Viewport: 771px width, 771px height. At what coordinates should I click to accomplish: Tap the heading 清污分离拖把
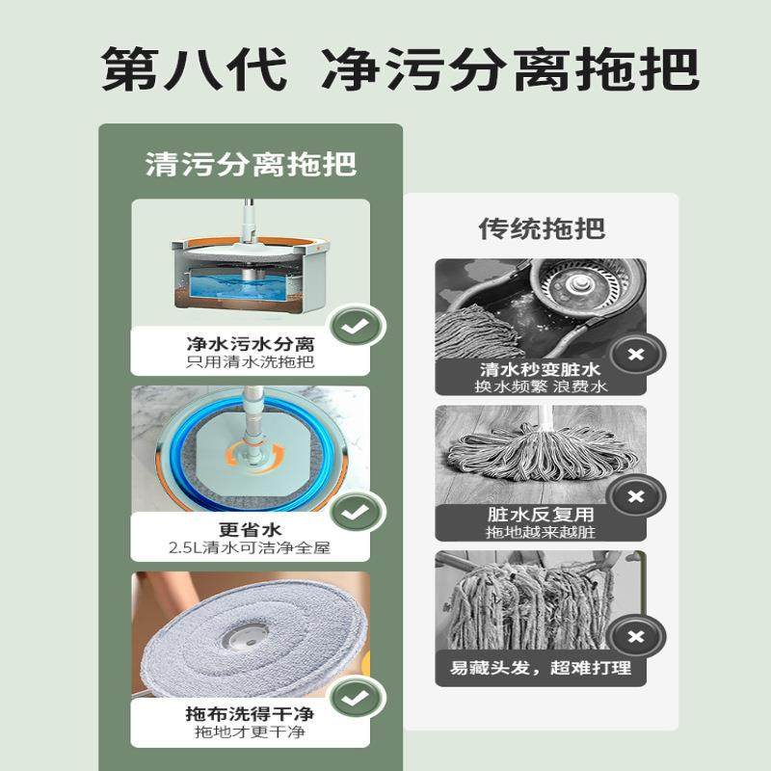tap(251, 163)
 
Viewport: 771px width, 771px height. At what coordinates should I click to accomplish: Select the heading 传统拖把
tap(542, 228)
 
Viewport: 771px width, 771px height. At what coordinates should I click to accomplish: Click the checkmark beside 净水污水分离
tap(358, 329)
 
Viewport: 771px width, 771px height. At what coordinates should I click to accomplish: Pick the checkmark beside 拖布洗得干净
tap(358, 697)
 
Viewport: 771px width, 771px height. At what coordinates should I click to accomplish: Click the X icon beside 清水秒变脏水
tap(636, 355)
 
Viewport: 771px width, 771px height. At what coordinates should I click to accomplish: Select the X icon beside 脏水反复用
tap(636, 497)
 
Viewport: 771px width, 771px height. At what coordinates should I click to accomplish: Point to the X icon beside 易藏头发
tap(636, 638)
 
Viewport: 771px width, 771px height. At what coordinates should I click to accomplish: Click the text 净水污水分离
tap(251, 344)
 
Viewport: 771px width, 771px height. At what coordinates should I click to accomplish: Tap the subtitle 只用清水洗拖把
tap(251, 363)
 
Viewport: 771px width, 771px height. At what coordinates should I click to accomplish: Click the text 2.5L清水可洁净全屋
tap(251, 548)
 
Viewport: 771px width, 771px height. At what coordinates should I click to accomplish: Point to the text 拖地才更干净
tap(251, 733)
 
